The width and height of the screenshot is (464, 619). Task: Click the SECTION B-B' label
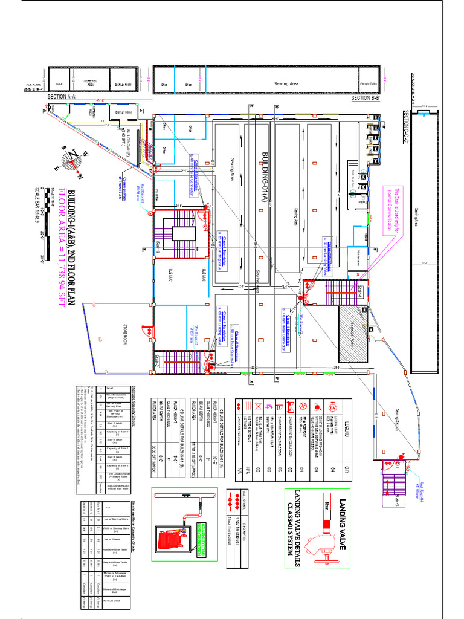pos(365,97)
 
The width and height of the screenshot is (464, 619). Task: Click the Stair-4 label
pos(359,291)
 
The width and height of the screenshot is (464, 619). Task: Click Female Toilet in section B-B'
pos(369,84)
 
